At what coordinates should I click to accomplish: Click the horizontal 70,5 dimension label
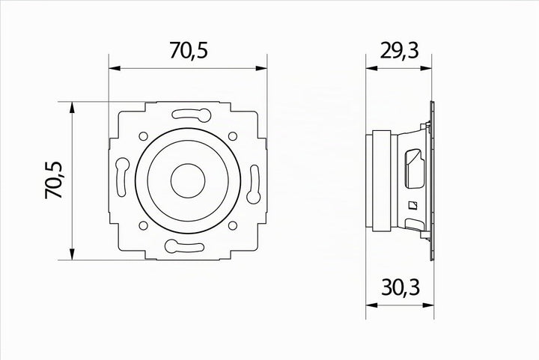coord(189,50)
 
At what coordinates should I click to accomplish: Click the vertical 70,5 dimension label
coord(54,180)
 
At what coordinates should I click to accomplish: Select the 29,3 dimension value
coord(399,50)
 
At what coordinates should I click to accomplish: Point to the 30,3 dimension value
coord(401,287)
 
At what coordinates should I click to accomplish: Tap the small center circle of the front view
coord(188,180)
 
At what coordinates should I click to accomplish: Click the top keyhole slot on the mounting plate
coord(192,115)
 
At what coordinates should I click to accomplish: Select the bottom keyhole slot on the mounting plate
coord(184,246)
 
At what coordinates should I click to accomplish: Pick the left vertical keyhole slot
coord(122,177)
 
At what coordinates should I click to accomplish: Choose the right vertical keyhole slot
coord(254,184)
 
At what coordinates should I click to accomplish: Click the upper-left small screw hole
coord(143,136)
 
